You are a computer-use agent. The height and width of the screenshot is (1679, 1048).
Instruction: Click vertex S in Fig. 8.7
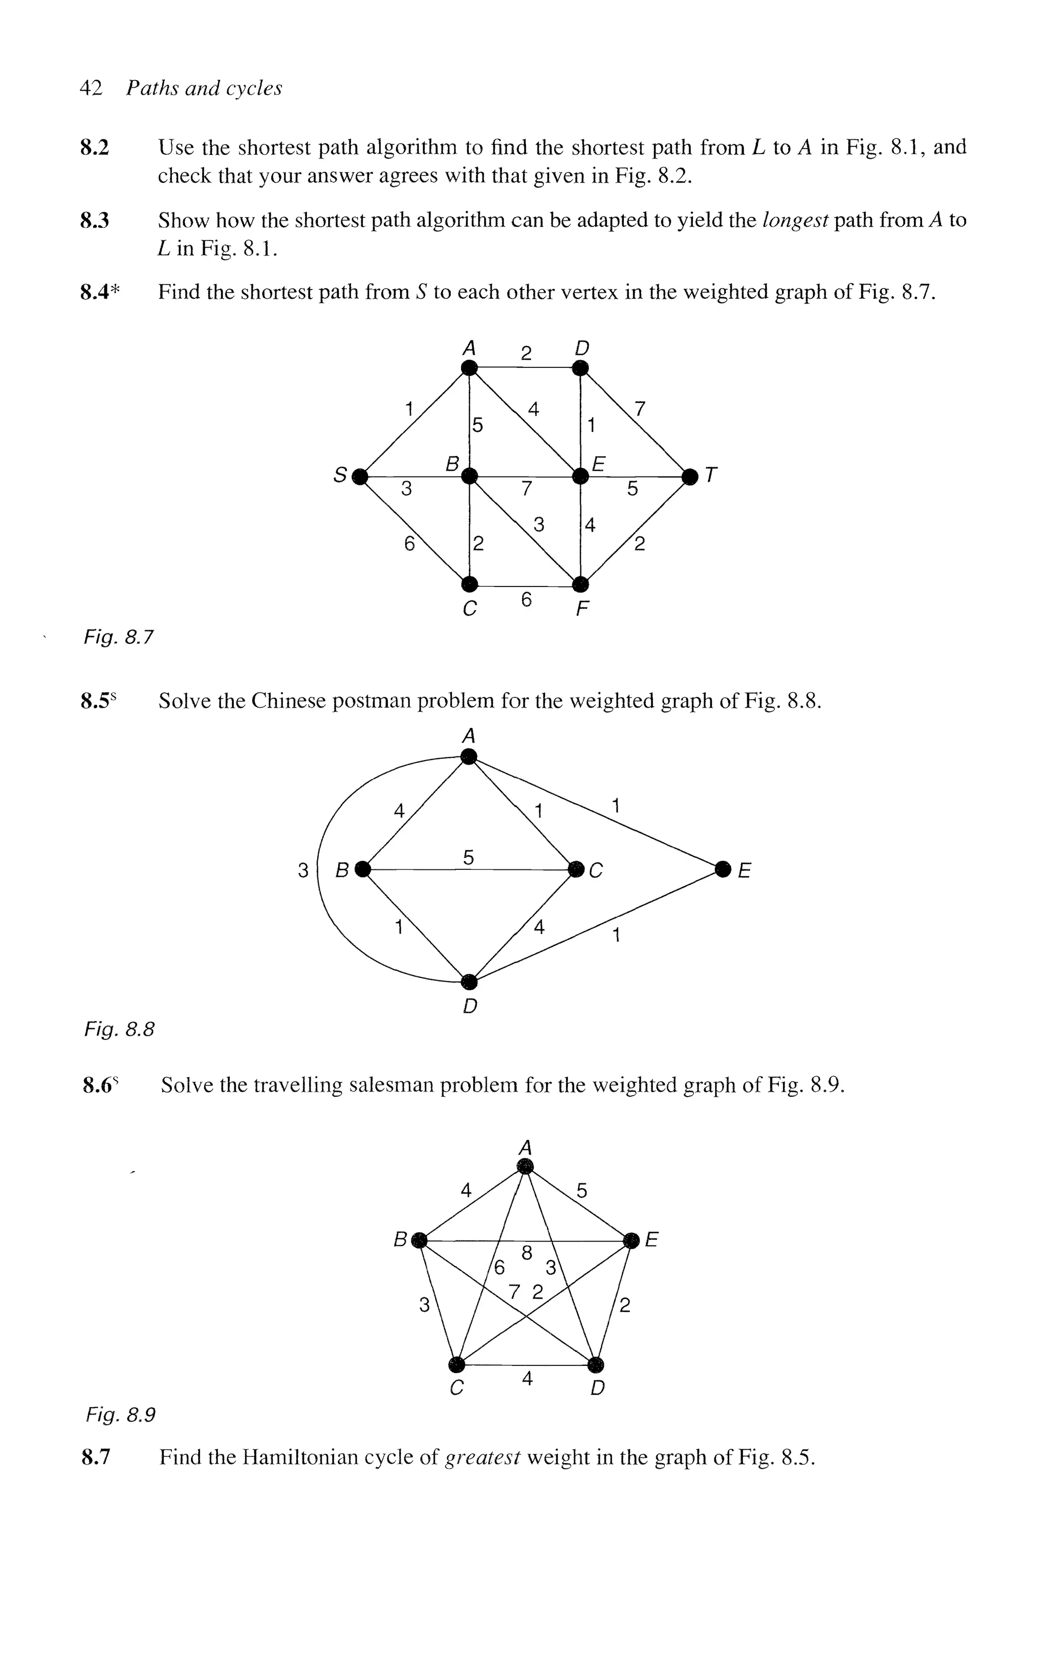click(359, 476)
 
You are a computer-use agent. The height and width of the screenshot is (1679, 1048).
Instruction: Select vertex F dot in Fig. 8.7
click(581, 583)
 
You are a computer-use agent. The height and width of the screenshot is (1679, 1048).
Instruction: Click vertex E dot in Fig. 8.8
click(723, 868)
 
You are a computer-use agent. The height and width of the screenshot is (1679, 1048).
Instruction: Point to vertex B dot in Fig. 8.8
click(362, 868)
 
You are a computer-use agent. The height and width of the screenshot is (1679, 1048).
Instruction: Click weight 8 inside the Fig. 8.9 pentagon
click(527, 1253)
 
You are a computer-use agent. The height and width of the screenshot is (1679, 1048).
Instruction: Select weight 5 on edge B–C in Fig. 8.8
click(469, 857)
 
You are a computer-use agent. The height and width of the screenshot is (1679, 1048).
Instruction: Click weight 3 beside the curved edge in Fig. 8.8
click(303, 869)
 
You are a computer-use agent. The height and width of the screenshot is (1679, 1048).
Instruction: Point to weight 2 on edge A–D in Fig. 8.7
click(526, 354)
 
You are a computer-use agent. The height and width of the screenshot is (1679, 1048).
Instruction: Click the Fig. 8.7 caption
click(119, 636)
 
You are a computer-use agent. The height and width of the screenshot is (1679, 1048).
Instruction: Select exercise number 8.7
click(96, 1457)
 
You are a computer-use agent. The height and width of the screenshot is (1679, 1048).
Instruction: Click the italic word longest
click(794, 221)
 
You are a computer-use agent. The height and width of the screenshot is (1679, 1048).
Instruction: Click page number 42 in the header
click(91, 88)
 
